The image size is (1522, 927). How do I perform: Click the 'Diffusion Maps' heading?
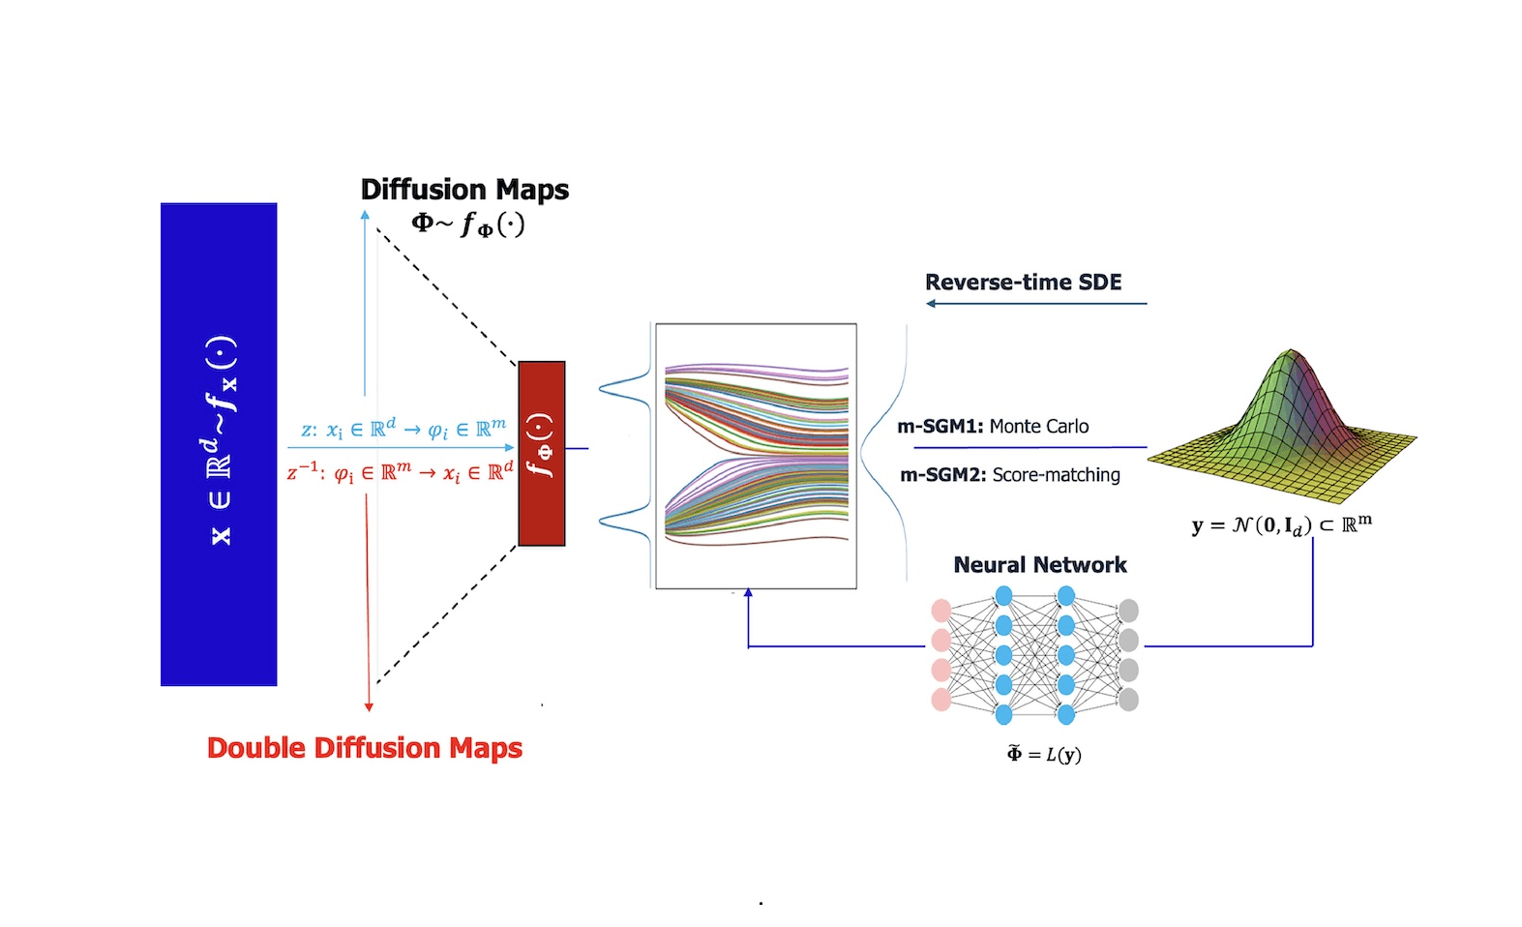464,189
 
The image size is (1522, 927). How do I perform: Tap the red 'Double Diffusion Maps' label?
365,748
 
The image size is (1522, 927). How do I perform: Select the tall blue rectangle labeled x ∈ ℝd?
219,444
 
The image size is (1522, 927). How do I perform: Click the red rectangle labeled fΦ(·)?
541,453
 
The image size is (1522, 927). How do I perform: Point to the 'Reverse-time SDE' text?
1023,282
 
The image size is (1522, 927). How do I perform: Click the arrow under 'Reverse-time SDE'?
1035,304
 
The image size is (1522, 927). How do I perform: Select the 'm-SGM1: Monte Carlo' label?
993,427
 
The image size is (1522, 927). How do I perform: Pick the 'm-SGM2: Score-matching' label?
1009,475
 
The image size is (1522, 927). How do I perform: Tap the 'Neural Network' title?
1040,565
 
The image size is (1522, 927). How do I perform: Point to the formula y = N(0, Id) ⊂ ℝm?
1281,525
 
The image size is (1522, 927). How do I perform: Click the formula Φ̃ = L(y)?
1044,754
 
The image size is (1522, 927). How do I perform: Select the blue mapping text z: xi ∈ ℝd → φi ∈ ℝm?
403,429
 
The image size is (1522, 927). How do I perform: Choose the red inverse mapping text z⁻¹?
400,473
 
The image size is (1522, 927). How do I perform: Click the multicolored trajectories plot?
756,456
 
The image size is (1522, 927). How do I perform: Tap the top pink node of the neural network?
940,611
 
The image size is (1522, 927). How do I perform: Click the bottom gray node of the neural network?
1128,700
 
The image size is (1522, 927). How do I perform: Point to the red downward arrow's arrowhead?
369,706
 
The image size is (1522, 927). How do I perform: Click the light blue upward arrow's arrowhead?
365,215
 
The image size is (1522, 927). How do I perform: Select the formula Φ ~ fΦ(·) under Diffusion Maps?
467,224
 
